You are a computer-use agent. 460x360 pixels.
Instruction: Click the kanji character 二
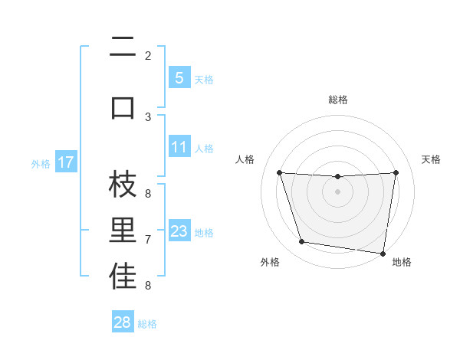click(x=123, y=48)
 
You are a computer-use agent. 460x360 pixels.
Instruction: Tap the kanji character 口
click(x=123, y=106)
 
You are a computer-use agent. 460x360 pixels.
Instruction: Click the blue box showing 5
click(x=179, y=78)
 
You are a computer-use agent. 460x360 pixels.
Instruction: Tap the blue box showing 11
click(x=179, y=147)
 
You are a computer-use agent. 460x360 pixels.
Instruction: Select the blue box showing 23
click(x=179, y=231)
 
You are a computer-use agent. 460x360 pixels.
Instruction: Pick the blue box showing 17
click(x=66, y=162)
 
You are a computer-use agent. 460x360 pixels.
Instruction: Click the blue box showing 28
click(x=122, y=322)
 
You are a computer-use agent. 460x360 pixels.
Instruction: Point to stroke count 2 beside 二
click(x=148, y=55)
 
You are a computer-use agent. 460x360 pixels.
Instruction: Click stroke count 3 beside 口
click(x=148, y=116)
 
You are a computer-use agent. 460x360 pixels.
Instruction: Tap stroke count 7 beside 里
click(x=148, y=240)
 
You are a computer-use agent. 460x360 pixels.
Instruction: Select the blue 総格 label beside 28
click(x=147, y=324)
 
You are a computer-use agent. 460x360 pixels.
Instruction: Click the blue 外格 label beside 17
click(x=41, y=163)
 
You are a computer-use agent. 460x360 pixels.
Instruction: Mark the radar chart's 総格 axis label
click(x=337, y=100)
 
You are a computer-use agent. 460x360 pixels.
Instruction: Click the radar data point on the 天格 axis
click(x=396, y=172)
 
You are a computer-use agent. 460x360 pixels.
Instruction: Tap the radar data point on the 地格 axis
click(x=383, y=253)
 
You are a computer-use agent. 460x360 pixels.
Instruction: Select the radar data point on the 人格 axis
click(x=279, y=172)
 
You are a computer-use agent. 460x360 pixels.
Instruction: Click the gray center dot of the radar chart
click(x=337, y=191)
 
